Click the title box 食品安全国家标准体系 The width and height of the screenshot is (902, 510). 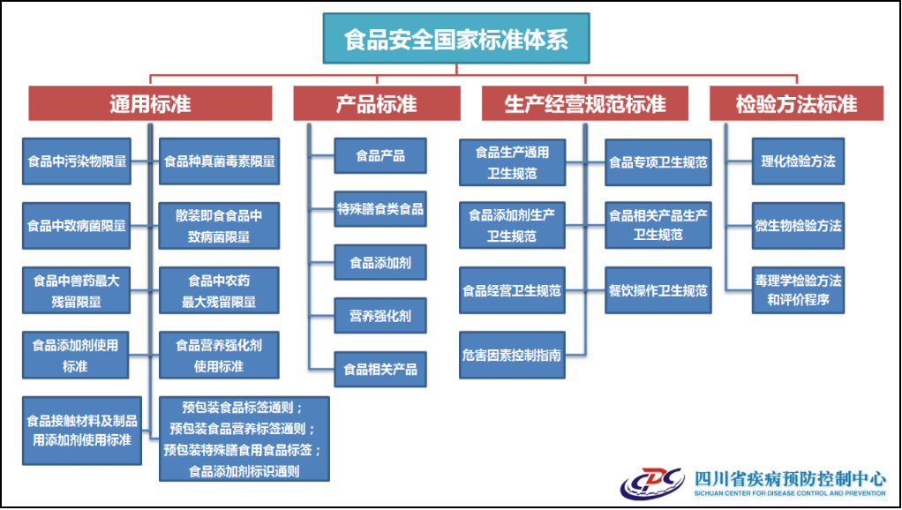click(456, 39)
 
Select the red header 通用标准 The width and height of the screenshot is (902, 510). click(150, 104)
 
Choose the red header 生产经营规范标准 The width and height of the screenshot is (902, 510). click(585, 104)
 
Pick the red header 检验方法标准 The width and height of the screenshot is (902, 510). click(796, 104)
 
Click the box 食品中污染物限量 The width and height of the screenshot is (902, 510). click(77, 161)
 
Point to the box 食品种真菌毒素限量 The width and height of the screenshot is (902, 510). click(219, 161)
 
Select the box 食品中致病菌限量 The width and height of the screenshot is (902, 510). click(77, 226)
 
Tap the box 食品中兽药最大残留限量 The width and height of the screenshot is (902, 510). click(77, 290)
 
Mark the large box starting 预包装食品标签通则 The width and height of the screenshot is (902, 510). click(244, 439)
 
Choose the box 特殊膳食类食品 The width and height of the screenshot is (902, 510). click(380, 209)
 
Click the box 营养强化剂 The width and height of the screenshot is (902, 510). click(380, 316)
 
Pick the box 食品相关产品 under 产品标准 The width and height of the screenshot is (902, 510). click(380, 369)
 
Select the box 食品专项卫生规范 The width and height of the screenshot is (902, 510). click(658, 162)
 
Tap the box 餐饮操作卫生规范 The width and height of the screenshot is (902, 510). click(658, 290)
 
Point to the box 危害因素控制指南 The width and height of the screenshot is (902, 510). click(512, 355)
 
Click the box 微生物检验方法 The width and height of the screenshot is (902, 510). click(798, 226)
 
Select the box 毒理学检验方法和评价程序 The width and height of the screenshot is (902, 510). click(798, 290)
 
